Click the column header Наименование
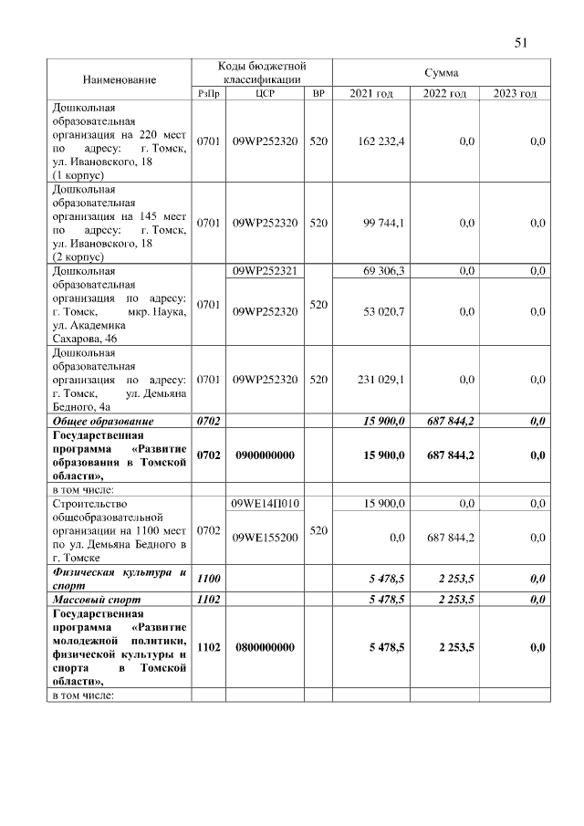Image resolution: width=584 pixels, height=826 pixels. click(x=119, y=79)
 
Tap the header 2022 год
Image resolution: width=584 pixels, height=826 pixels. click(x=444, y=94)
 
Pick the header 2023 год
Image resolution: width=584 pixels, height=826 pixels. click(x=516, y=94)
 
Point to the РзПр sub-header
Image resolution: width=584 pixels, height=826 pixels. click(x=208, y=94)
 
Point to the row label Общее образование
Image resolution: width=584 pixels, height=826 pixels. click(x=103, y=421)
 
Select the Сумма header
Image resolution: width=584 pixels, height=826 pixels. click(x=442, y=72)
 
